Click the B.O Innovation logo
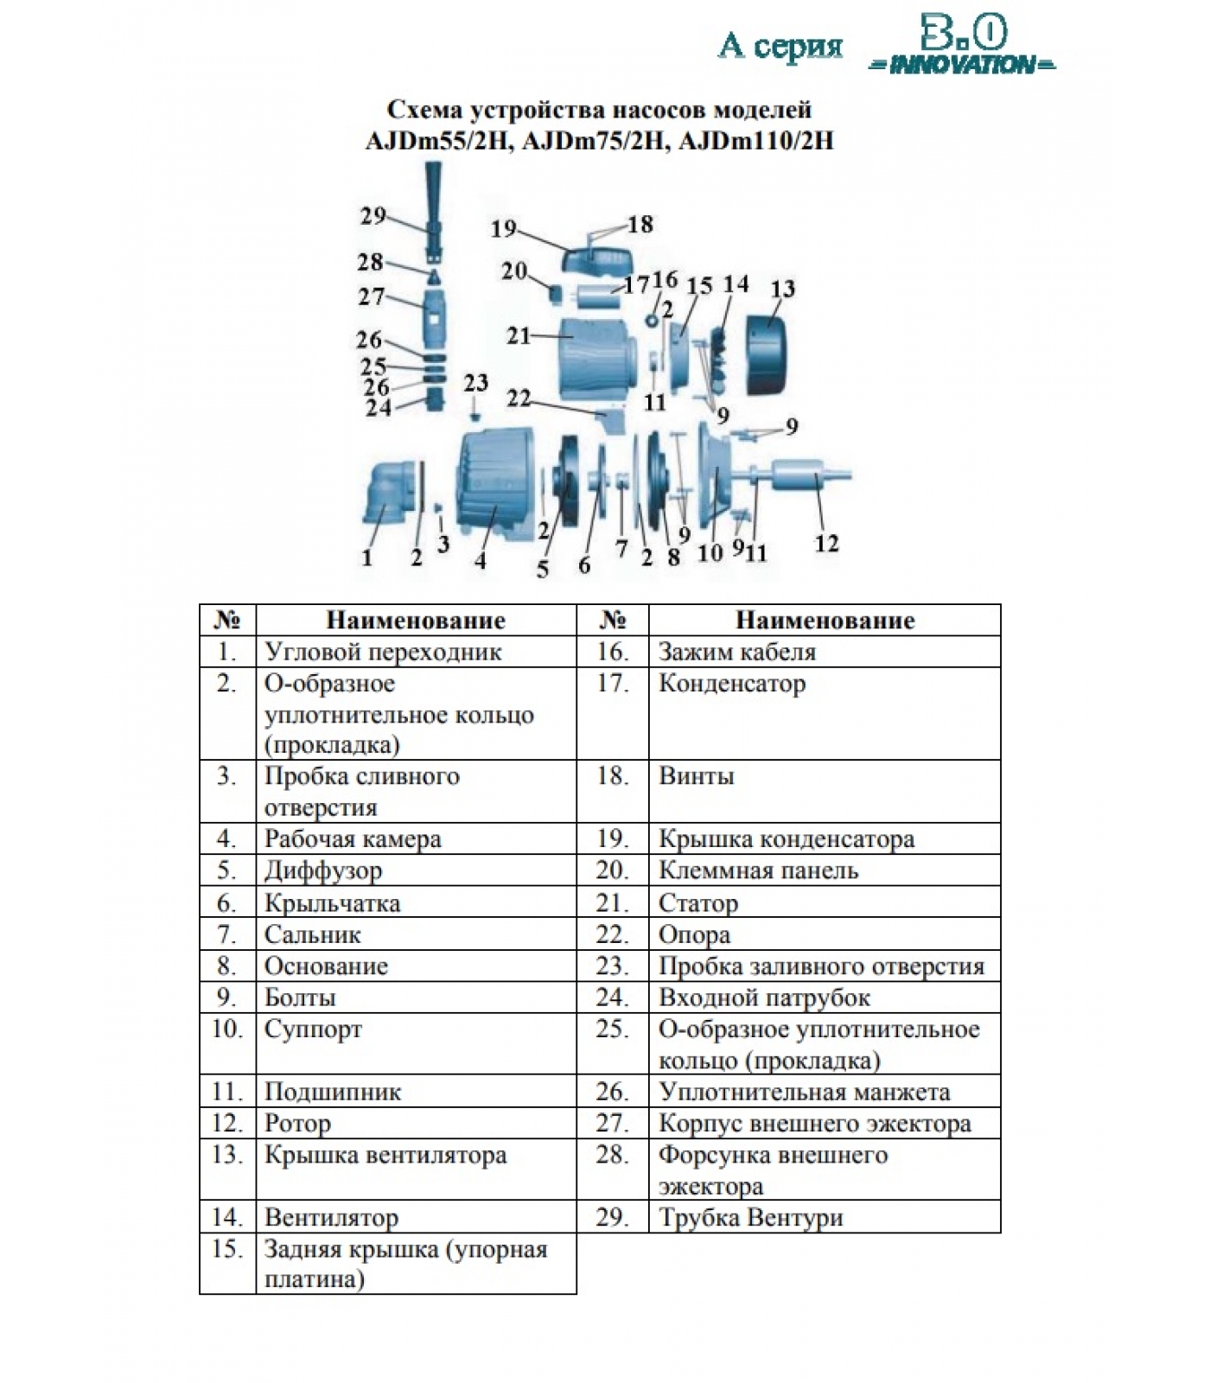coord(961,48)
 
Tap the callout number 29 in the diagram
coord(373,215)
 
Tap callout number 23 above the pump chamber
coord(476,383)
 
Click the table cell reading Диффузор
coord(323,870)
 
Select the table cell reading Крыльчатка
coord(332,903)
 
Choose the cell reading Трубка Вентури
coord(750,1217)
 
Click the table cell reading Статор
coord(698,903)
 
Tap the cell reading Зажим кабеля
coord(736,652)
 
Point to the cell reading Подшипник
coord(333,1092)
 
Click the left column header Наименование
coord(415,620)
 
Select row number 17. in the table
coord(612,684)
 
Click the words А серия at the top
coord(780,46)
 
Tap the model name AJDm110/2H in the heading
coord(756,140)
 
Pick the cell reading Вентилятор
coord(331,1217)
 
